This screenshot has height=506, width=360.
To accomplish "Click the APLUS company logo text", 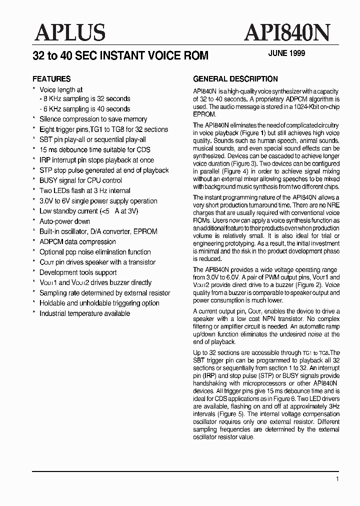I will (x=70, y=33).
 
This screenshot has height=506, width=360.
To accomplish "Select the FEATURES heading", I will (x=51, y=79).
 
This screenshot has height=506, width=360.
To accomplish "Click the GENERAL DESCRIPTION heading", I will (x=235, y=79).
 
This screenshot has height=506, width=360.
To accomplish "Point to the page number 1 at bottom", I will (x=337, y=479).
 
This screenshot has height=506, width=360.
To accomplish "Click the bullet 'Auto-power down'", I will (x=64, y=221).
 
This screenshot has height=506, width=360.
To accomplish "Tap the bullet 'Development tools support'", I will (x=78, y=272).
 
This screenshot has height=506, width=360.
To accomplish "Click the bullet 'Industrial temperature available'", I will (x=84, y=313).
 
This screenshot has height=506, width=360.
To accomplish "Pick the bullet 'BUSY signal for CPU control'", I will (x=80, y=180).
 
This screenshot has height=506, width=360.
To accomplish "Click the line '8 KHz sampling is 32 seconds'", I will (x=86, y=99).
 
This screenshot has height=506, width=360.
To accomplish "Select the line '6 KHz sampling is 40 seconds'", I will (x=86, y=109).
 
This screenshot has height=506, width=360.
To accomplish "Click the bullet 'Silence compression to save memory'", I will (x=93, y=119).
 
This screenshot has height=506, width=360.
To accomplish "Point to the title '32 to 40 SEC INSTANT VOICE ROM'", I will (x=120, y=55).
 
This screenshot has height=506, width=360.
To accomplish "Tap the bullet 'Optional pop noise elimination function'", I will (x=95, y=252).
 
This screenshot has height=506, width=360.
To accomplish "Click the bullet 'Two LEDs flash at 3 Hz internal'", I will (x=84, y=190).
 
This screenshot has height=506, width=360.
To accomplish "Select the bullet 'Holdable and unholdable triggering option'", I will (x=99, y=303).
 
